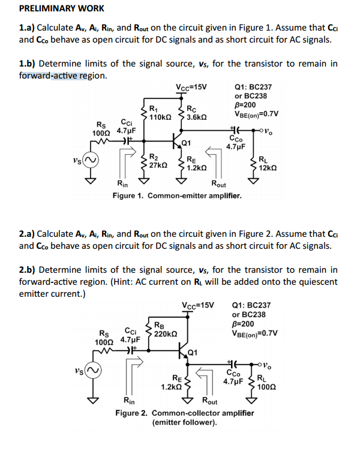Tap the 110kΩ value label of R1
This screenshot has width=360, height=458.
(160, 117)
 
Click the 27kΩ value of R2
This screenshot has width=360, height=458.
(158, 164)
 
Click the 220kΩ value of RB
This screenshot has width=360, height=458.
(165, 333)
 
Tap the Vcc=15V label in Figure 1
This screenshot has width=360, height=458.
(191, 86)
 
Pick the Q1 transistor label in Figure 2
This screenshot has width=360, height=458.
(193, 351)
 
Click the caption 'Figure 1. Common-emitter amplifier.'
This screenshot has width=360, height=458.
(177, 196)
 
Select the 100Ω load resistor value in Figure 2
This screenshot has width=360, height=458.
(266, 387)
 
